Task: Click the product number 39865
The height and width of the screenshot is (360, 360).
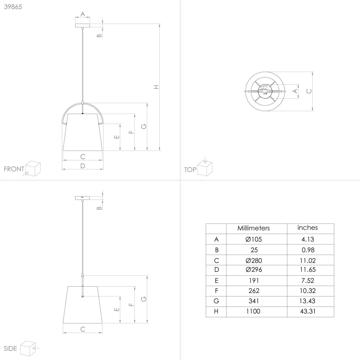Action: click(x=13, y=7)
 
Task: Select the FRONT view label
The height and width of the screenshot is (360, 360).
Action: click(x=14, y=169)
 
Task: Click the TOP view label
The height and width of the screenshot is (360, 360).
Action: click(x=190, y=170)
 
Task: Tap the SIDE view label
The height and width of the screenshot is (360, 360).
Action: click(x=10, y=348)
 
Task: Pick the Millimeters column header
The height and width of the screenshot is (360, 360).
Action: click(x=253, y=228)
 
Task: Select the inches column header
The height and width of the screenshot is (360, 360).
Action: click(x=307, y=228)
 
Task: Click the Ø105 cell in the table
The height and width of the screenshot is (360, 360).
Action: click(x=253, y=239)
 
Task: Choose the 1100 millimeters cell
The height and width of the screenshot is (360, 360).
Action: click(x=253, y=311)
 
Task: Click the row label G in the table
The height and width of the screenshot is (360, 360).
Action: click(x=216, y=301)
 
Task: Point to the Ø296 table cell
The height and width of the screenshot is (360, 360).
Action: click(x=253, y=270)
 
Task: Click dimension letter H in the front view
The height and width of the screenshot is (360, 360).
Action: click(x=156, y=87)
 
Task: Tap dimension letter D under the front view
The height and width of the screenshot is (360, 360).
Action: click(x=83, y=165)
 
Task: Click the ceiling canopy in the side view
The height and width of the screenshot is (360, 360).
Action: click(x=83, y=197)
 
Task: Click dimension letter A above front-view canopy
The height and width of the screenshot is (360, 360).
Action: click(x=83, y=14)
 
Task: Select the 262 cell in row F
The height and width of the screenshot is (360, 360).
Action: click(x=253, y=291)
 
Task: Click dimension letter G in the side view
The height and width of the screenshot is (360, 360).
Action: click(x=144, y=299)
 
